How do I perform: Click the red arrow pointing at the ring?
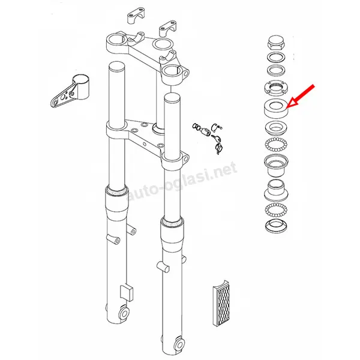pos(301,96)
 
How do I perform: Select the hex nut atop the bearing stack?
pos(276,43)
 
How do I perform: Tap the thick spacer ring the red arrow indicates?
pos(276,109)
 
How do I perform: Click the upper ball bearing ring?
pos(276,145)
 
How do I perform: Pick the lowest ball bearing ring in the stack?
pos(276,209)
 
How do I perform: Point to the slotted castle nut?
pos(276,88)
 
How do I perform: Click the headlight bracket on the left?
pos(70,91)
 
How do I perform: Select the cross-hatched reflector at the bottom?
pos(221,303)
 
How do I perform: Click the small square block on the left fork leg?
pos(127,293)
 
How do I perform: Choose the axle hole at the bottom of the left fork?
pos(124,313)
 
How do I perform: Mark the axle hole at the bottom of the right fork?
pos(179,344)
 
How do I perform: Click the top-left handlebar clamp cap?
pos(136,16)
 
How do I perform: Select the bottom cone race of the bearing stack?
pos(276,226)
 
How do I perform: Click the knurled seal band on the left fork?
pos(116,191)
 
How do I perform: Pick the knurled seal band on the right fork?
pos(172,222)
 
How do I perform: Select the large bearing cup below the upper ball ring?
pos(276,165)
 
